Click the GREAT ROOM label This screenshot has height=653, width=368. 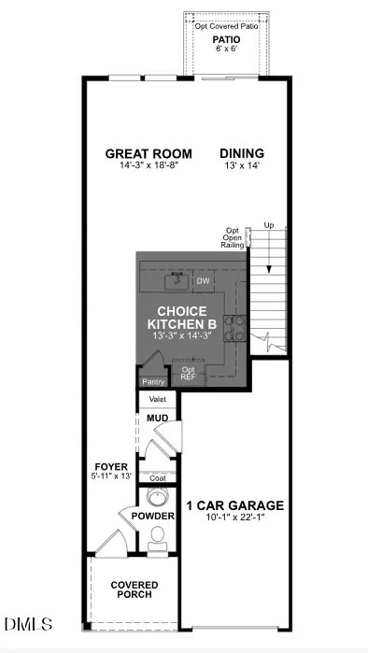click(x=149, y=153)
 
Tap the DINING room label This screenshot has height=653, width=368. click(x=242, y=153)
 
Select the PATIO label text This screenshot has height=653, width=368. click(x=226, y=39)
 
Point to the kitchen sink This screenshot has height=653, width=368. click(x=177, y=281)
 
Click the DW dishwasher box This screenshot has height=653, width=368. click(x=204, y=281)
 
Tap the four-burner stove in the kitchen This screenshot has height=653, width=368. click(x=235, y=328)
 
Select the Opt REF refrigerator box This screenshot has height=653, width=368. click(x=189, y=373)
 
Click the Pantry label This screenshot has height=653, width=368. click(x=153, y=382)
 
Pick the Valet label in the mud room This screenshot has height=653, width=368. click(x=157, y=399)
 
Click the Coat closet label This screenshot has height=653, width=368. click(x=157, y=478)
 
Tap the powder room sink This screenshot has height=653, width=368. click(x=157, y=498)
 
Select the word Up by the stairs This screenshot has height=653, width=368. click(x=269, y=225)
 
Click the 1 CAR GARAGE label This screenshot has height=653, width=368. click(x=234, y=505)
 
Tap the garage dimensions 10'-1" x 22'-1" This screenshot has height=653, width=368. click(x=235, y=517)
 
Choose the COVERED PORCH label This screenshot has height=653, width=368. click(x=134, y=589)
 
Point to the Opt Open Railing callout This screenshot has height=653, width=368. click(x=233, y=238)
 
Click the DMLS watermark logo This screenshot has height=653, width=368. click(x=28, y=624)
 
